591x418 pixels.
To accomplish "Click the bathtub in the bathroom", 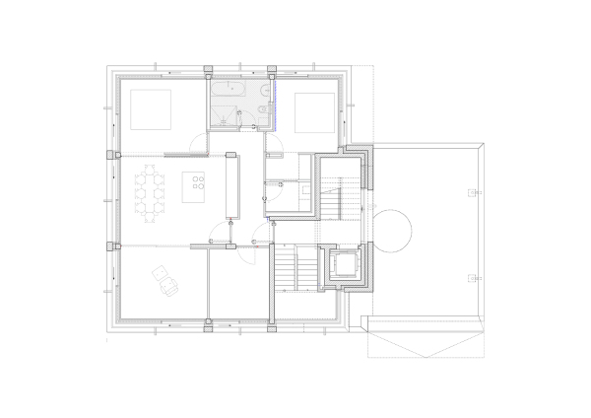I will (229, 87).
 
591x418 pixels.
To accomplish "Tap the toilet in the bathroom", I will (254, 108).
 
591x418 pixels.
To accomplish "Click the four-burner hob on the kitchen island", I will (197, 183).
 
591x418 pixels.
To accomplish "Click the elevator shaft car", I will (347, 264).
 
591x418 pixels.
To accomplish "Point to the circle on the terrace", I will (392, 231).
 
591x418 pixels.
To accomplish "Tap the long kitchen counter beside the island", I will (232, 184).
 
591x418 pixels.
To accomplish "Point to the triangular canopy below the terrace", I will (424, 337).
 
